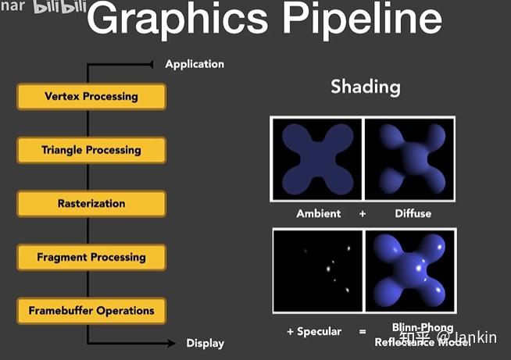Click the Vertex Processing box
point(91,97)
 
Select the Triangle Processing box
point(91,150)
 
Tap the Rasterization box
point(91,204)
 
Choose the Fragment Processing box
point(91,257)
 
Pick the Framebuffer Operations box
point(91,311)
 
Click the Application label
point(195,64)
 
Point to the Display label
point(205,343)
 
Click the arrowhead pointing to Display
point(171,343)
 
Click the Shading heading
point(365,86)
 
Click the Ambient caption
point(319,213)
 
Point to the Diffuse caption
point(412,213)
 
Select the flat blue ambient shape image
point(316,159)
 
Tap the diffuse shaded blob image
point(409,159)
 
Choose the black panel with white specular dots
point(317,270)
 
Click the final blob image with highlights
point(410,270)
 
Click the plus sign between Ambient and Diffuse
point(363,213)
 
